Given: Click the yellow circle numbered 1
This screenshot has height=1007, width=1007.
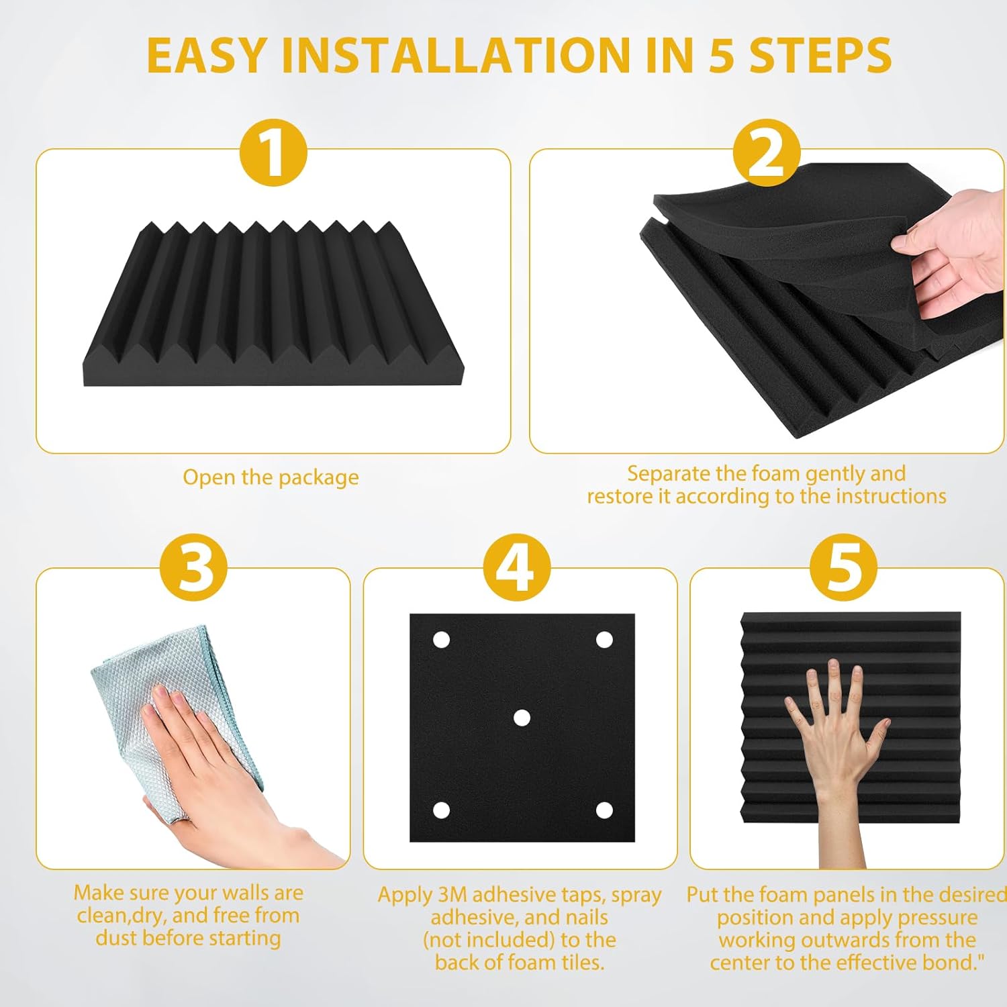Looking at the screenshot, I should point(273,153).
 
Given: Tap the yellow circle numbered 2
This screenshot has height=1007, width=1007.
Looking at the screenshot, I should point(766,153).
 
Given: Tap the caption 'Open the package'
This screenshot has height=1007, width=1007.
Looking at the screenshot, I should point(271,477).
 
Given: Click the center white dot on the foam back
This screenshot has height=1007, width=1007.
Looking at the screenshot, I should point(522,718).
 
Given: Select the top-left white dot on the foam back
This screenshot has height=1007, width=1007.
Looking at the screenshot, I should point(441,640).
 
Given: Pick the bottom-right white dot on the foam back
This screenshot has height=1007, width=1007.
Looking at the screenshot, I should point(604,810).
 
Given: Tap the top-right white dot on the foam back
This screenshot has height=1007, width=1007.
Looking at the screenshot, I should point(604,640).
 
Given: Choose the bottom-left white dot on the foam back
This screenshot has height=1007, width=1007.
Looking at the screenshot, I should point(441,810).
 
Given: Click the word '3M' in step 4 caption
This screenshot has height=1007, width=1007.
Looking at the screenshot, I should point(453,895).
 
